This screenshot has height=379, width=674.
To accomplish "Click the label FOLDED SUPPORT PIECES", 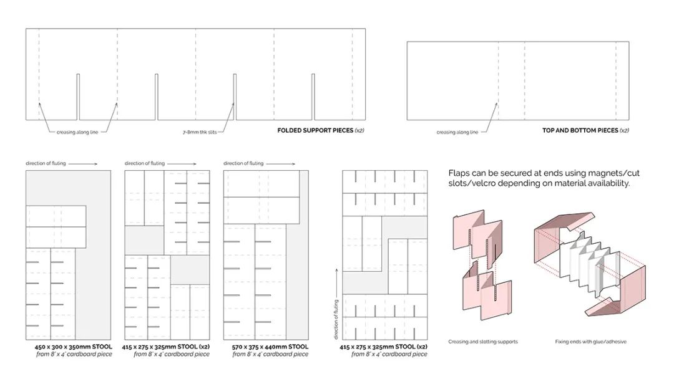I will (315, 131).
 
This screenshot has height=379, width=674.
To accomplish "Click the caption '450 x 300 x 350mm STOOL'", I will (73, 347).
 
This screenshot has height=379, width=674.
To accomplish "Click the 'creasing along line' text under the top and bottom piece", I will (457, 132).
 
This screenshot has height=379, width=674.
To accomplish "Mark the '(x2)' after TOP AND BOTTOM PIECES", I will (622, 131).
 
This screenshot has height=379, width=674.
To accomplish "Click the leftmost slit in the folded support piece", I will (79, 97).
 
